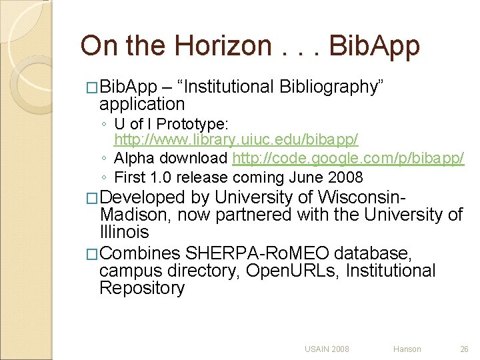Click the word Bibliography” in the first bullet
pos(331,87)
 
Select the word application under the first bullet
pos(141,104)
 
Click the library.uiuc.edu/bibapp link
pos(236,140)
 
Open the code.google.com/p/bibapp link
pos(347,159)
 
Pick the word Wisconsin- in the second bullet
pos(361,198)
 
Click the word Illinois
pos(124,232)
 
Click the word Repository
pos(141,288)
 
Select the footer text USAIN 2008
pos(327,349)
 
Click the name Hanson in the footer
pos(407,349)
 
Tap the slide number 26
pos(464,349)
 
